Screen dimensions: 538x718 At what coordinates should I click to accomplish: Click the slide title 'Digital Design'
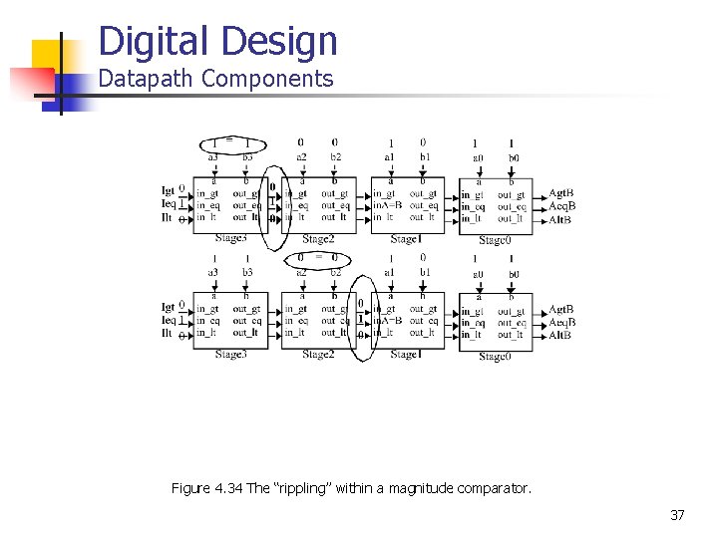(218, 42)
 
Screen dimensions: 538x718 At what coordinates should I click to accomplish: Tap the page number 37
(676, 515)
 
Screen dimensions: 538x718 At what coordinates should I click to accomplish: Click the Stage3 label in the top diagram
(230, 238)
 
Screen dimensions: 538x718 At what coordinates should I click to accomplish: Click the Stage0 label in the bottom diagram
(495, 356)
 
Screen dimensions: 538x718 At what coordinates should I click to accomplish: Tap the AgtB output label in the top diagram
(561, 193)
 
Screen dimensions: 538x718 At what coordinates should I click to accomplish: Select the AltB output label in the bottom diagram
(560, 335)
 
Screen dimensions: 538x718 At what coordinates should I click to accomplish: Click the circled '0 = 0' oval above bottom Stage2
(317, 256)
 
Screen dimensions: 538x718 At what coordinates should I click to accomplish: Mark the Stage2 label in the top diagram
(317, 238)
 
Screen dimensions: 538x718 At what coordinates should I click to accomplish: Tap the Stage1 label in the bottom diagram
(404, 354)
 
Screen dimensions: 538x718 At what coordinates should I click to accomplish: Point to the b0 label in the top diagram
(513, 157)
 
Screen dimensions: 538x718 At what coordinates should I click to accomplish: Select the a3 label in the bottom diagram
(212, 272)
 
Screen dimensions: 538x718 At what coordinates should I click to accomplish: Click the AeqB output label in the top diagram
(562, 206)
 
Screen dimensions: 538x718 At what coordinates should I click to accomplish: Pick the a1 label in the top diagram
(390, 157)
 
